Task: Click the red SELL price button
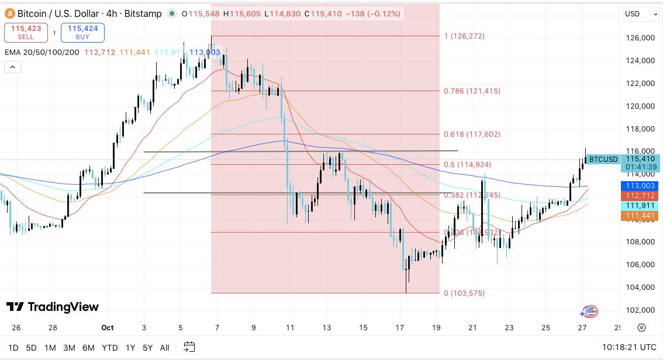point(26,33)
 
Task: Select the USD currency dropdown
point(636,13)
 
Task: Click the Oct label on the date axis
point(108,328)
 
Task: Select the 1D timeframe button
point(13,348)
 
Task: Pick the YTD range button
point(109,348)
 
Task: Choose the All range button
point(165,348)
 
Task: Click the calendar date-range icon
point(189,347)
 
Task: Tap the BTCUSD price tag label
point(603,159)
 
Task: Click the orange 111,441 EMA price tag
point(641,216)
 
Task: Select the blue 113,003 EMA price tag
point(641,185)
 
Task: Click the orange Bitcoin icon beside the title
point(9,13)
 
